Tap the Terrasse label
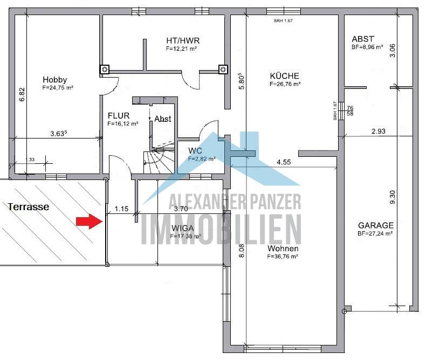[28, 206]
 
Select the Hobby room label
[54, 80]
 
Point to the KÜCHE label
[284, 76]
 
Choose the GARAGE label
[375, 225]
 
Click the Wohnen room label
[282, 249]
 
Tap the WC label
[195, 150]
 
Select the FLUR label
[119, 115]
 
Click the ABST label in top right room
[362, 39]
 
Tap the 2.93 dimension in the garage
[379, 131]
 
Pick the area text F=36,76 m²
[283, 257]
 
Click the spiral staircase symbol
[156, 157]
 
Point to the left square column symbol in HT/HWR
[104, 69]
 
